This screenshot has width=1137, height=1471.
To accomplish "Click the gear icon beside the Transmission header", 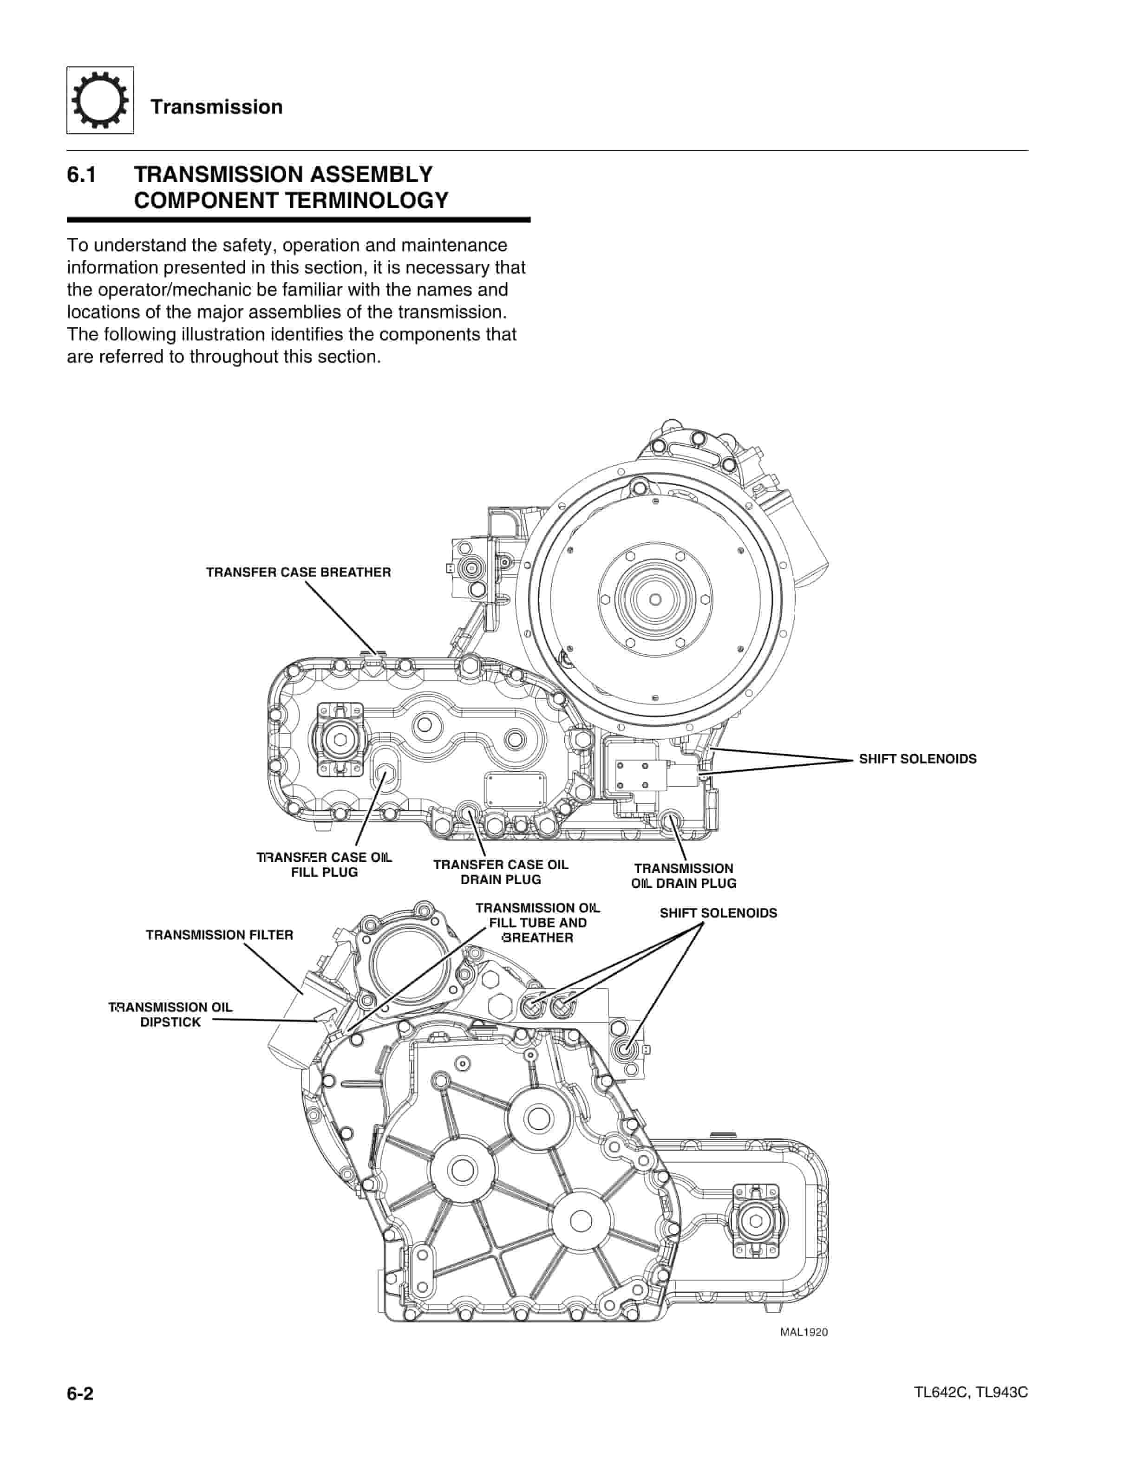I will click(x=100, y=100).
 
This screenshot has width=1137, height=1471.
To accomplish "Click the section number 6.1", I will click(x=81, y=175).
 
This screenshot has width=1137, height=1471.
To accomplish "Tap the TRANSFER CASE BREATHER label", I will click(x=298, y=573).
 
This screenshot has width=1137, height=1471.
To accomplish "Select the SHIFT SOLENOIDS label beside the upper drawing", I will click(x=917, y=759).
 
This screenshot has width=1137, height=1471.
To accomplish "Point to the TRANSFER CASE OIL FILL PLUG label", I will click(x=324, y=865).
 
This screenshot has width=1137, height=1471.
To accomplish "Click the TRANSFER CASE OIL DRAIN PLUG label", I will click(x=501, y=872).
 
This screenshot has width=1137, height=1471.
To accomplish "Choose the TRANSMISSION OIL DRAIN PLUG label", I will click(x=684, y=876).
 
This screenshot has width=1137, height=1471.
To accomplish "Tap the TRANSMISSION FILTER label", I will click(x=220, y=935).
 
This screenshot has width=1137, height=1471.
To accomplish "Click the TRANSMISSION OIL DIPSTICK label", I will click(x=170, y=1015).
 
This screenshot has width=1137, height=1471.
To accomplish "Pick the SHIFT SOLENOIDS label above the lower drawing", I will click(x=718, y=913).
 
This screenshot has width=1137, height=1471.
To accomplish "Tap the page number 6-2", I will click(x=80, y=1393).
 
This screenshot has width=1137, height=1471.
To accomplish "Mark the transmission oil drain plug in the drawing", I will click(x=671, y=821).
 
